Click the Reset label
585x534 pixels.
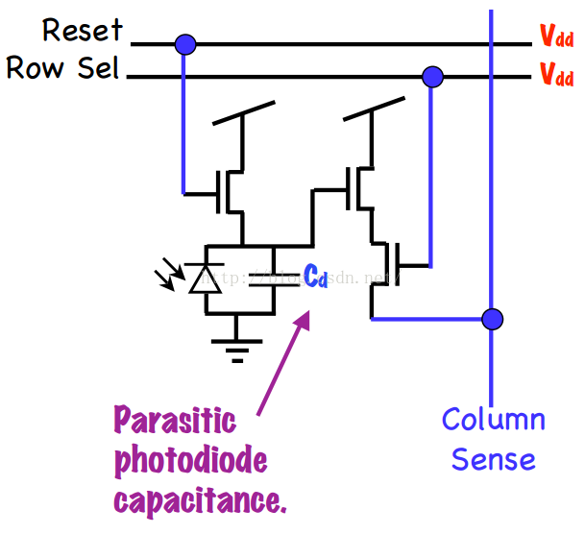(83, 30)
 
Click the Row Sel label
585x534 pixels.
(62, 69)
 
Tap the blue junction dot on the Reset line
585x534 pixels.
(184, 43)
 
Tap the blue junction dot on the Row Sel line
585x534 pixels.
(433, 75)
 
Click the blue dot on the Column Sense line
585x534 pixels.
(492, 318)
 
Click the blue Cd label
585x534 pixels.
(316, 276)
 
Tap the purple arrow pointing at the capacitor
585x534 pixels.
(285, 360)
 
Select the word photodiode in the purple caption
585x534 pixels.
(190, 461)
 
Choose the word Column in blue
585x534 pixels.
(493, 420)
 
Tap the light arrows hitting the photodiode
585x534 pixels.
(169, 277)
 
